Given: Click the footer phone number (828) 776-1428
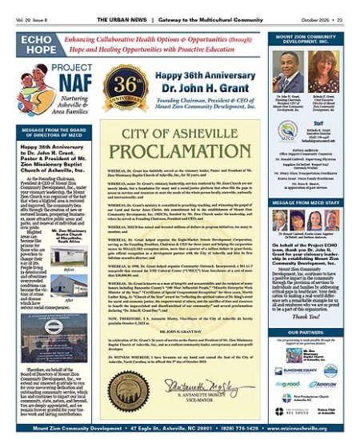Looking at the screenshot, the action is [219, 438].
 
